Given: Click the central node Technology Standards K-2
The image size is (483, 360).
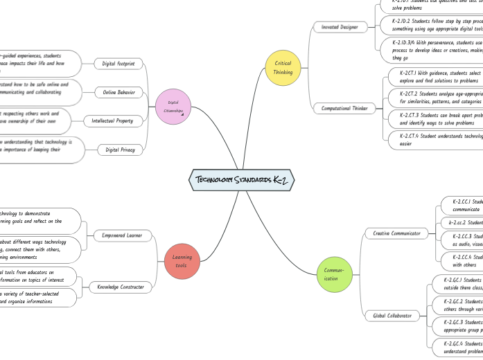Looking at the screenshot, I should coord(242,181).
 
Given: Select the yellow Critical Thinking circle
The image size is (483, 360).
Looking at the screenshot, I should coord(283,67).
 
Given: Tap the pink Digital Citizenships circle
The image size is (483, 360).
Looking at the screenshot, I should coord(173,107).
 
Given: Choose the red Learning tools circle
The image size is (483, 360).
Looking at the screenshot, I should coord(181,261).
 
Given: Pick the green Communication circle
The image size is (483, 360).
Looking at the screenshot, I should coord(331,274).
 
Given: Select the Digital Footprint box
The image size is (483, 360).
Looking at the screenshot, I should coord(118,64).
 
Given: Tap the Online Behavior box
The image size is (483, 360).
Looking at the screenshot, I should coord(118,91).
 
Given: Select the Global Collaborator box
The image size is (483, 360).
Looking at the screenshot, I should coord(392,316).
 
